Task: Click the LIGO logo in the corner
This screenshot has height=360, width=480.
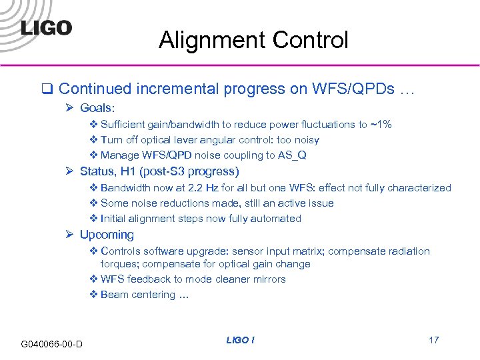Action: [46, 27]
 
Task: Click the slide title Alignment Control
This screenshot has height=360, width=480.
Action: [253, 41]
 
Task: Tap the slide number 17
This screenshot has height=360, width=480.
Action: [433, 340]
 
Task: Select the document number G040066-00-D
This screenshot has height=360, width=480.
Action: [52, 344]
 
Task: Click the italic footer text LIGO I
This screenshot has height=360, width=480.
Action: [240, 340]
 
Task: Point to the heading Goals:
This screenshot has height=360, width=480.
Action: [97, 107]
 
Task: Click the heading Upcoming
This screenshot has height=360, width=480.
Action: [107, 235]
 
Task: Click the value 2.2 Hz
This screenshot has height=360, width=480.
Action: [223, 188]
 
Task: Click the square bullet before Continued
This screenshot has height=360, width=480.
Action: [47, 89]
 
